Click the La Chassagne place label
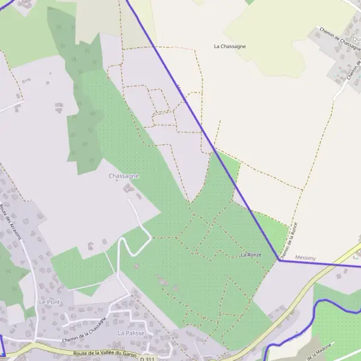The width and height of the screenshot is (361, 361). [x=230, y=46]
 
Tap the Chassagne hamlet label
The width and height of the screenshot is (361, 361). [x=124, y=176]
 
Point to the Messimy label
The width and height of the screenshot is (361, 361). [x=306, y=258]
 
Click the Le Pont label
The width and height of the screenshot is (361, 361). [x=50, y=301]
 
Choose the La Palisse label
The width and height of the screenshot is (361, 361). [x=130, y=333]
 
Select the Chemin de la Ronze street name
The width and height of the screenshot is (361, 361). [x=289, y=239]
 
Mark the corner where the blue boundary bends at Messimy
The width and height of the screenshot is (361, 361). [x=279, y=261]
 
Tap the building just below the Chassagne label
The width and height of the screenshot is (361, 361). [x=128, y=188]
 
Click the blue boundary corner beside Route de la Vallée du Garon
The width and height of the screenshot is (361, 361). [x=4, y=356]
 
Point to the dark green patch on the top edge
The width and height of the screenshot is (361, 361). [x=250, y=2]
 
